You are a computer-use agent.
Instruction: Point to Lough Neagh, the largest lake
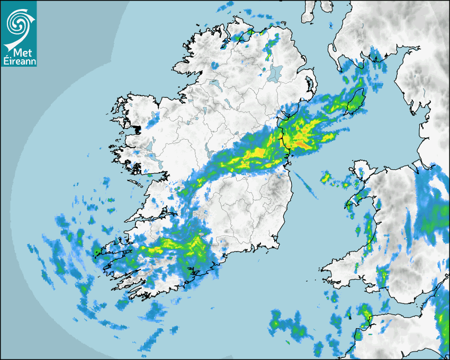coord(276,73)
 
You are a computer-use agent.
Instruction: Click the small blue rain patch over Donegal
coord(215,65)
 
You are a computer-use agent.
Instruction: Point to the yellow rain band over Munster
coord(175,246)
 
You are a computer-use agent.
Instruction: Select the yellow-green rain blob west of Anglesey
coord(326,177)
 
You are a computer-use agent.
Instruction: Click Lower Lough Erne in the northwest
coord(214,84)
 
